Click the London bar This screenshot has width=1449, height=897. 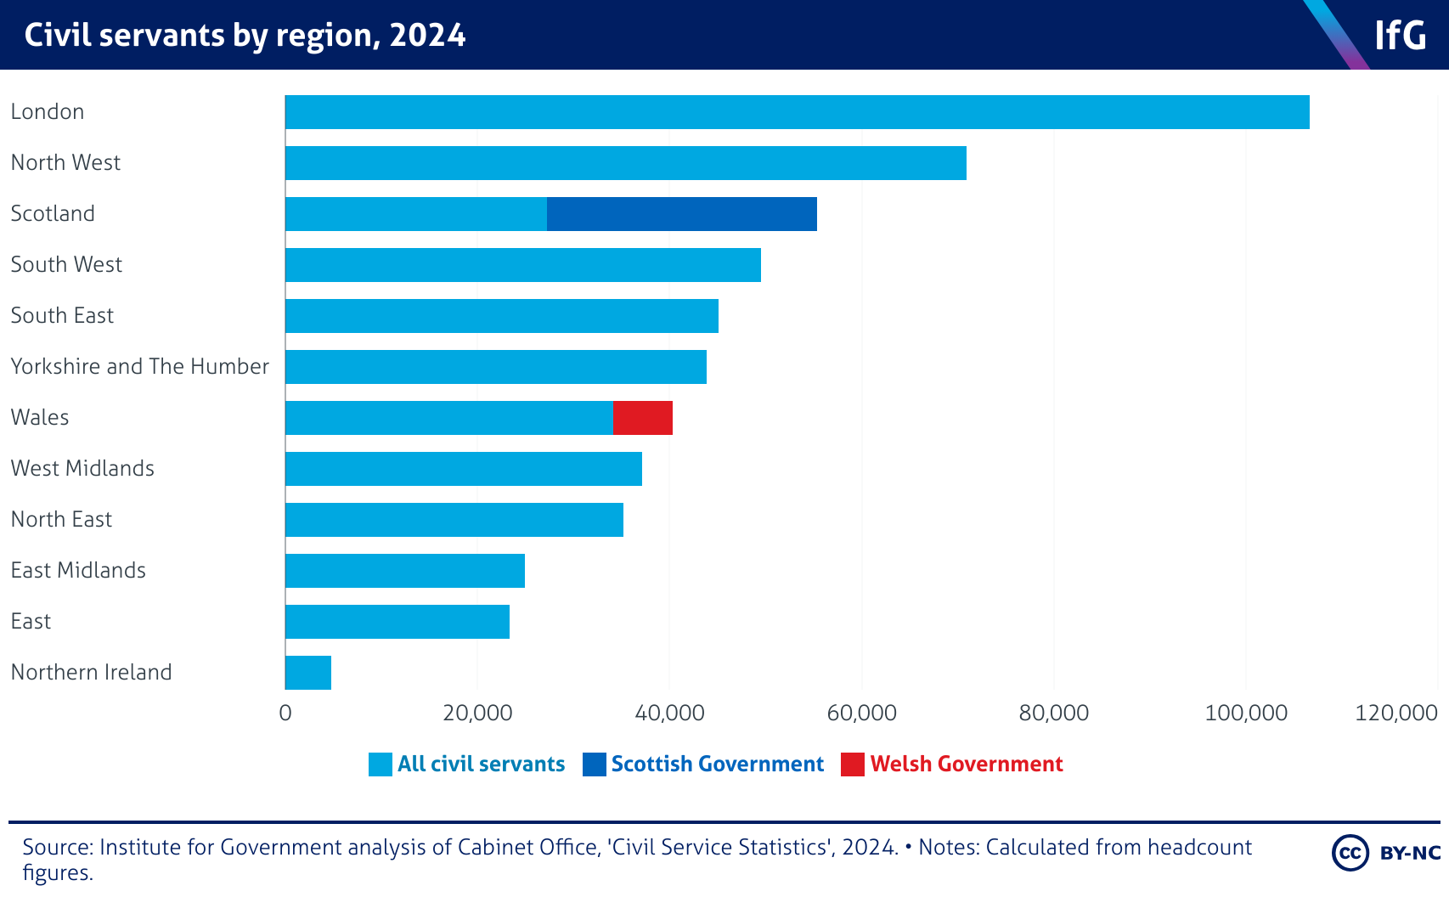click(x=797, y=112)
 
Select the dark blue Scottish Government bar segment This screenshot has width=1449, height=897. click(x=681, y=214)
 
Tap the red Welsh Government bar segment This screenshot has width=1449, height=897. click(x=642, y=418)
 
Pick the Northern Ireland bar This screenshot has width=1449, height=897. click(x=307, y=673)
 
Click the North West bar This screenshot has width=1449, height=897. click(x=625, y=163)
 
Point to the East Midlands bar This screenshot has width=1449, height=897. click(x=404, y=571)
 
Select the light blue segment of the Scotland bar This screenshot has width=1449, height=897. click(x=415, y=214)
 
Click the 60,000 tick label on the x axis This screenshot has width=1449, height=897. click(x=861, y=713)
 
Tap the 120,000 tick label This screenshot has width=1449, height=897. click(x=1395, y=713)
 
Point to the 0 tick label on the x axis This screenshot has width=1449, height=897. click(x=285, y=713)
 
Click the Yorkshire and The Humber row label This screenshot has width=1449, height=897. click(x=139, y=366)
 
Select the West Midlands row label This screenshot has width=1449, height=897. click(x=82, y=468)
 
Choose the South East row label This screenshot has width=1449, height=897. click(x=62, y=315)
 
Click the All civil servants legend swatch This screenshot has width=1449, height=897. click(x=380, y=764)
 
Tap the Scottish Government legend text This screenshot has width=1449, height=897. click(x=717, y=764)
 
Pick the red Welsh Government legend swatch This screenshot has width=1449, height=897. click(x=852, y=764)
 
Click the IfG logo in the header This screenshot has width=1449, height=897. click(x=1399, y=36)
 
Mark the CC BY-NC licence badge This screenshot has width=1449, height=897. click(x=1386, y=853)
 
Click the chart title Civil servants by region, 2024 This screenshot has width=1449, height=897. click(x=245, y=36)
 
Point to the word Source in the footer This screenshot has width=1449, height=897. click(x=55, y=847)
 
